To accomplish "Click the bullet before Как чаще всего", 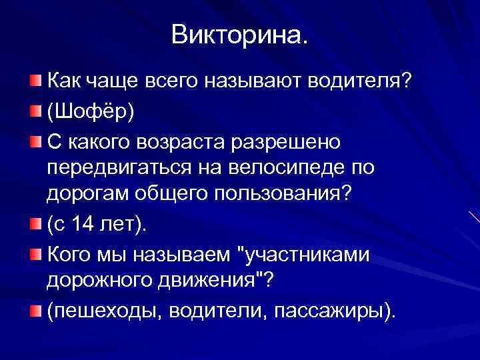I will tap(34, 81).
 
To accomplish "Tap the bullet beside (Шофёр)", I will tap(34, 110).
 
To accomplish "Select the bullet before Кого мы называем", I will tap(34, 254).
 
